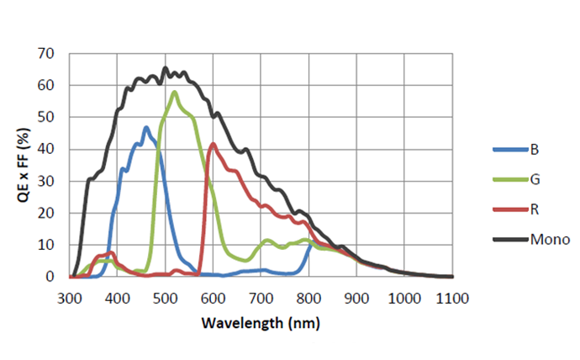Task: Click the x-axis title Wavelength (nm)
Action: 261,322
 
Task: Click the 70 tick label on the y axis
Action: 48,54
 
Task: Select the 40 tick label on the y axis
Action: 48,149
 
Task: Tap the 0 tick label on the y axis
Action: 51,277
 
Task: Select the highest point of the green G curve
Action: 174,92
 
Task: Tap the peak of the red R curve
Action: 214,144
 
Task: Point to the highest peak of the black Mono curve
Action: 165,68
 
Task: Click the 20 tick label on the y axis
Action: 48,213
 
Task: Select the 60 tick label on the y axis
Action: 48,86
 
